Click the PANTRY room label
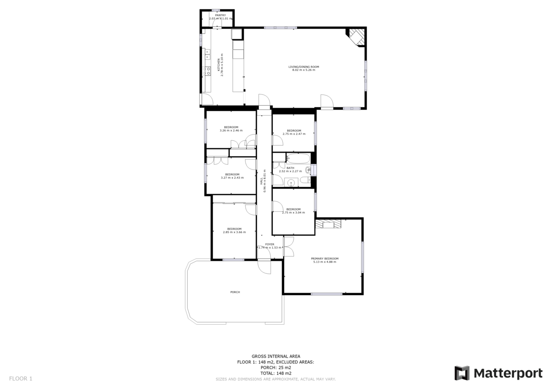tap(220, 15)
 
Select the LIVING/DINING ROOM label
tap(303, 67)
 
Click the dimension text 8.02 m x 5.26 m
tap(303, 70)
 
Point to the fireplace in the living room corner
tap(356, 36)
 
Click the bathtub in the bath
tap(298, 158)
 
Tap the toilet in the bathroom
tap(304, 180)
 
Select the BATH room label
tap(290, 168)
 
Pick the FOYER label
tap(269, 244)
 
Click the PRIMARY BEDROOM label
tap(325, 258)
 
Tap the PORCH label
tap(235, 292)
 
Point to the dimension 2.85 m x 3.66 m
tap(234, 232)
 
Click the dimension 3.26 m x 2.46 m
tap(231, 130)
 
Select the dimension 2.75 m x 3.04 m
tap(293, 212)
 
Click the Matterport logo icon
tap(462, 373)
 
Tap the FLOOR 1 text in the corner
tap(21, 378)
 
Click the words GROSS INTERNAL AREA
tap(276, 356)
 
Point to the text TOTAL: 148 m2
tap(276, 373)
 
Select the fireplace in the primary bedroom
tap(328, 224)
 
